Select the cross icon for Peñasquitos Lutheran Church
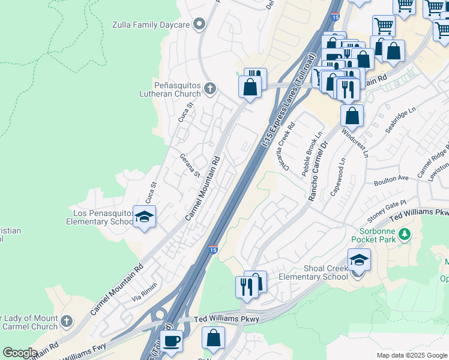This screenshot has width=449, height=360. coord(209,89)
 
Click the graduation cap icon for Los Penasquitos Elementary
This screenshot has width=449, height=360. coord(144,217)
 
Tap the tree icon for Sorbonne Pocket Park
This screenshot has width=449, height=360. coord(406,233)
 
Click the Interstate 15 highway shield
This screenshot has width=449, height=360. coord(213,250)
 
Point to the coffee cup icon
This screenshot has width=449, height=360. coord(172,341)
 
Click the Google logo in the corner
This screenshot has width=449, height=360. coord(20,353)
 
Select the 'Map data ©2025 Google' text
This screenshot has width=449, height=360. coord(411,355)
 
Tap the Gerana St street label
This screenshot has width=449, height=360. coord(190,166)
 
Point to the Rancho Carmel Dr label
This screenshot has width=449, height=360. coord(318,172)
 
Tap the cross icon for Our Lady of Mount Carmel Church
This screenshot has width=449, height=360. coord(66,322)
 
